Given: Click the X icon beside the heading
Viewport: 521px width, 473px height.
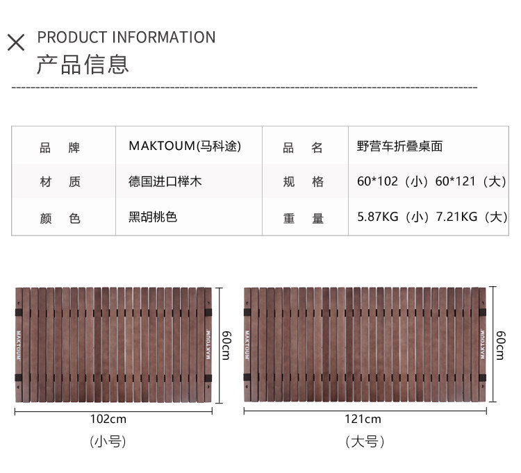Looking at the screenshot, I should point(16,42).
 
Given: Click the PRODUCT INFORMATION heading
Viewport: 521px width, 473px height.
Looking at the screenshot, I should point(126,38).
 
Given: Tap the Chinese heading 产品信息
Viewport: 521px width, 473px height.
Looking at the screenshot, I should point(83,64).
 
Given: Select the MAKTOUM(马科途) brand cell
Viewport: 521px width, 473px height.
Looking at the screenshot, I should point(185,147).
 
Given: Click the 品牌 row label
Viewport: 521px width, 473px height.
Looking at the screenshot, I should point(60,148).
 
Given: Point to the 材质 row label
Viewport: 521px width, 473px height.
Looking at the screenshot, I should point(60,182).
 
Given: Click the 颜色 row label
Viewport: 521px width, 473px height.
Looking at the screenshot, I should point(60,218).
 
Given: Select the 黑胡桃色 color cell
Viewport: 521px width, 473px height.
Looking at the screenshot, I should point(153,217).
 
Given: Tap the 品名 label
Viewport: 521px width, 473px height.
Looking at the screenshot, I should point(303,148).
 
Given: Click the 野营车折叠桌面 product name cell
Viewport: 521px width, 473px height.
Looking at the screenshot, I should point(399,147).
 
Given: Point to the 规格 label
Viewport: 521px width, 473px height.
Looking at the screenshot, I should point(303,182).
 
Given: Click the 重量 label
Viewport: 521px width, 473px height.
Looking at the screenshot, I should point(303,218).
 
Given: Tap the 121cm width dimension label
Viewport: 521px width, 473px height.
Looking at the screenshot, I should point(363,419).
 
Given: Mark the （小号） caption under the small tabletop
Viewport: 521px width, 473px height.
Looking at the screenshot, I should point(108,441).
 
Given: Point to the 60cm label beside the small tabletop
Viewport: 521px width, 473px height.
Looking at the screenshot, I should point(225,345).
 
